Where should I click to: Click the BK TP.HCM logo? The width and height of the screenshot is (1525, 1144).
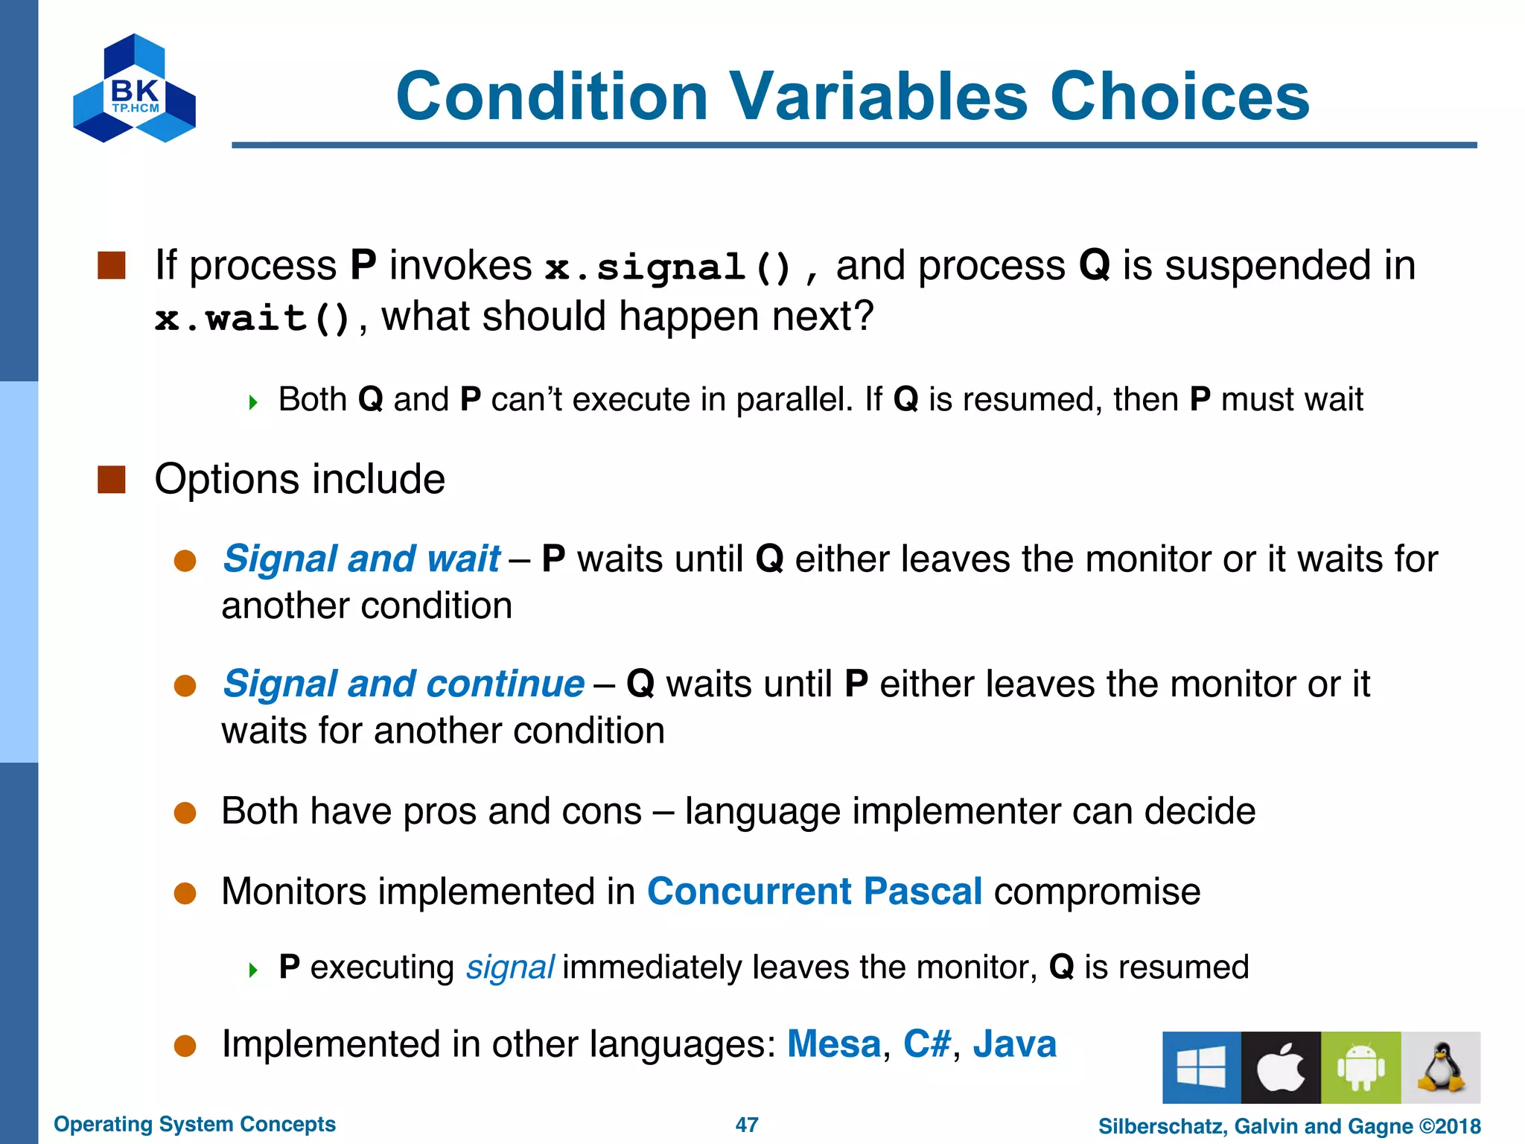click(135, 89)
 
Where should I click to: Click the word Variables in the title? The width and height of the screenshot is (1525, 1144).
click(879, 97)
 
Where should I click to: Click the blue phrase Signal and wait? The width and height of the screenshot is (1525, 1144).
click(362, 559)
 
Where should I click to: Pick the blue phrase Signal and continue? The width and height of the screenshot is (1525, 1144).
click(404, 684)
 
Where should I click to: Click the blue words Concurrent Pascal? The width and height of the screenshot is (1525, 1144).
click(815, 892)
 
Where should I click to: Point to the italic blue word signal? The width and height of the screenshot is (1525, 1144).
click(510, 967)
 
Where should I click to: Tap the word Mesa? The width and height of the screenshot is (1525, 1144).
click(834, 1044)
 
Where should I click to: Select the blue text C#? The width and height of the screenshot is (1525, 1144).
click(927, 1044)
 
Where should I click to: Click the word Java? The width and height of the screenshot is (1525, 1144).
click(1014, 1044)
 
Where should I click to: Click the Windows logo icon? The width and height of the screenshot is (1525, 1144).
click(1201, 1067)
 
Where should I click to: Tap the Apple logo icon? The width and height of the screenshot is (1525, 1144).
click(1281, 1067)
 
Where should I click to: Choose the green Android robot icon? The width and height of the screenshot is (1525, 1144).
click(1360, 1067)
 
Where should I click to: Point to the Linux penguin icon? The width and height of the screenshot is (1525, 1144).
click(1440, 1067)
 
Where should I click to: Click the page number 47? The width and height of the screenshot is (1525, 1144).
click(747, 1125)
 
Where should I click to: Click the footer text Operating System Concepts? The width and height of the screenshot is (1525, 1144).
click(194, 1124)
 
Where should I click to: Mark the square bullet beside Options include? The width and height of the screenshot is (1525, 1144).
click(112, 480)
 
